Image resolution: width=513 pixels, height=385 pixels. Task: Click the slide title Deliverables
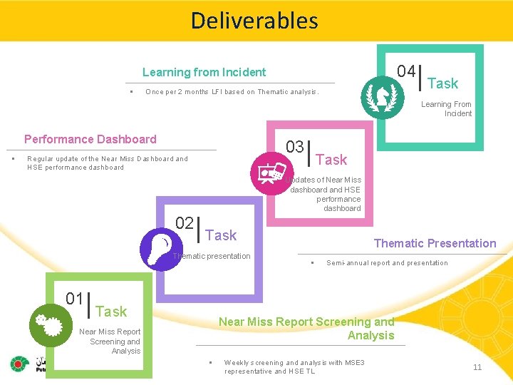254,20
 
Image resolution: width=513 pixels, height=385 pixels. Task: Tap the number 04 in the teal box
407,71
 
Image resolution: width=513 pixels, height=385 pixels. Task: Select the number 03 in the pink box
295,148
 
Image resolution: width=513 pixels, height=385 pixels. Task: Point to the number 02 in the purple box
185,223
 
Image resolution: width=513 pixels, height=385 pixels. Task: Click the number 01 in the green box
74,299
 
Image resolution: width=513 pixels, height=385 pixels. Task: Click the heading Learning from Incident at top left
204,72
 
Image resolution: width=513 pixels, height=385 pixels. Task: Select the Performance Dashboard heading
90,139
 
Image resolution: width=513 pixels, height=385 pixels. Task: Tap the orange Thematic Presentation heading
435,243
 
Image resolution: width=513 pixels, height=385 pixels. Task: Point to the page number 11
477,367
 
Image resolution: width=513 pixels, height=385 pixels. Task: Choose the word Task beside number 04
442,83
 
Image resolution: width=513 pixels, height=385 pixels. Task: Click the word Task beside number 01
111,312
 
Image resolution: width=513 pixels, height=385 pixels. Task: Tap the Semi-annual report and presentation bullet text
387,263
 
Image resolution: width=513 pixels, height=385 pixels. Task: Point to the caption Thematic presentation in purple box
212,256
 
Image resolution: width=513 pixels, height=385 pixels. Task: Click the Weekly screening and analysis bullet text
294,366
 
